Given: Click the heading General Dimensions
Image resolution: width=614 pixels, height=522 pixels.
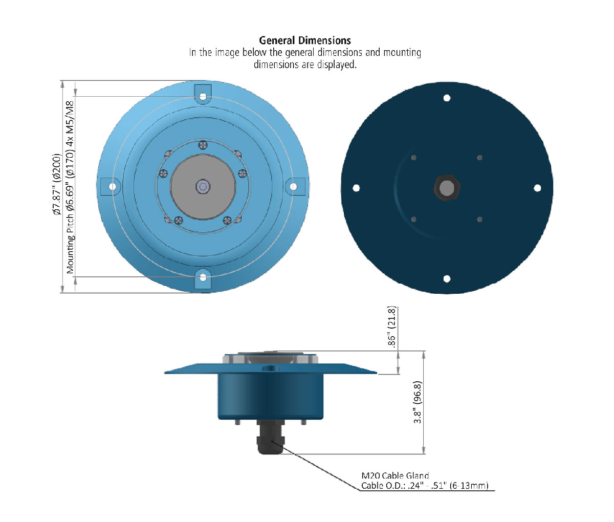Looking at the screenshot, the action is point(305,40).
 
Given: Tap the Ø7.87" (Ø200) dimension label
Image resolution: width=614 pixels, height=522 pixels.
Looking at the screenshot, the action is point(56,184).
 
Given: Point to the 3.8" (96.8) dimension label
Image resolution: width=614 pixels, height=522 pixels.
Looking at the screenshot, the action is point(418,402).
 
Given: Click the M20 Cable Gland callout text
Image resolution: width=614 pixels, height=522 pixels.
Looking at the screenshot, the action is point(395,475).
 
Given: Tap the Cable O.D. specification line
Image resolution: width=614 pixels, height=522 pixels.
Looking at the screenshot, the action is point(425,486).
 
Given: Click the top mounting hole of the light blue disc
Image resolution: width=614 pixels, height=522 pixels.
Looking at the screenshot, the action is point(203,97).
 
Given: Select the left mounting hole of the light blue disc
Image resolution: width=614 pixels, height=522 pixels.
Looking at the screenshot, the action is point(113,187).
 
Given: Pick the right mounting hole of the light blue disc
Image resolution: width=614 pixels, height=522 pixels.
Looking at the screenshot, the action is point(293,187).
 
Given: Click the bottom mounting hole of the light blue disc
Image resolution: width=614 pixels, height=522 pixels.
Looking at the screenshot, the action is point(203,277).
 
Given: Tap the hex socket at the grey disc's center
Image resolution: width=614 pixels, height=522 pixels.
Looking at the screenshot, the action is point(203,187).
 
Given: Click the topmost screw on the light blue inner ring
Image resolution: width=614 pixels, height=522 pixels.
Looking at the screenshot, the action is point(203,145).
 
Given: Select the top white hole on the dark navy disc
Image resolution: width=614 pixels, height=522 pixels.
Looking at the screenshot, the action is point(447,98).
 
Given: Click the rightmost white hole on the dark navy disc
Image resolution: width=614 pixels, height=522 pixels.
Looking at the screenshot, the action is point(537,188).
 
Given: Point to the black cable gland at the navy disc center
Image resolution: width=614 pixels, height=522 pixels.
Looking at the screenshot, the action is point(447,188).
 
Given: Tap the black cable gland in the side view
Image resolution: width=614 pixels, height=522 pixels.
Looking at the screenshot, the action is point(271,437).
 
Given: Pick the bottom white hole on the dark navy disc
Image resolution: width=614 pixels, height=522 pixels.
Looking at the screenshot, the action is point(447,279).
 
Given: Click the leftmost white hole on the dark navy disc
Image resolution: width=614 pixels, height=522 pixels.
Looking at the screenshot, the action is point(356,188).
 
